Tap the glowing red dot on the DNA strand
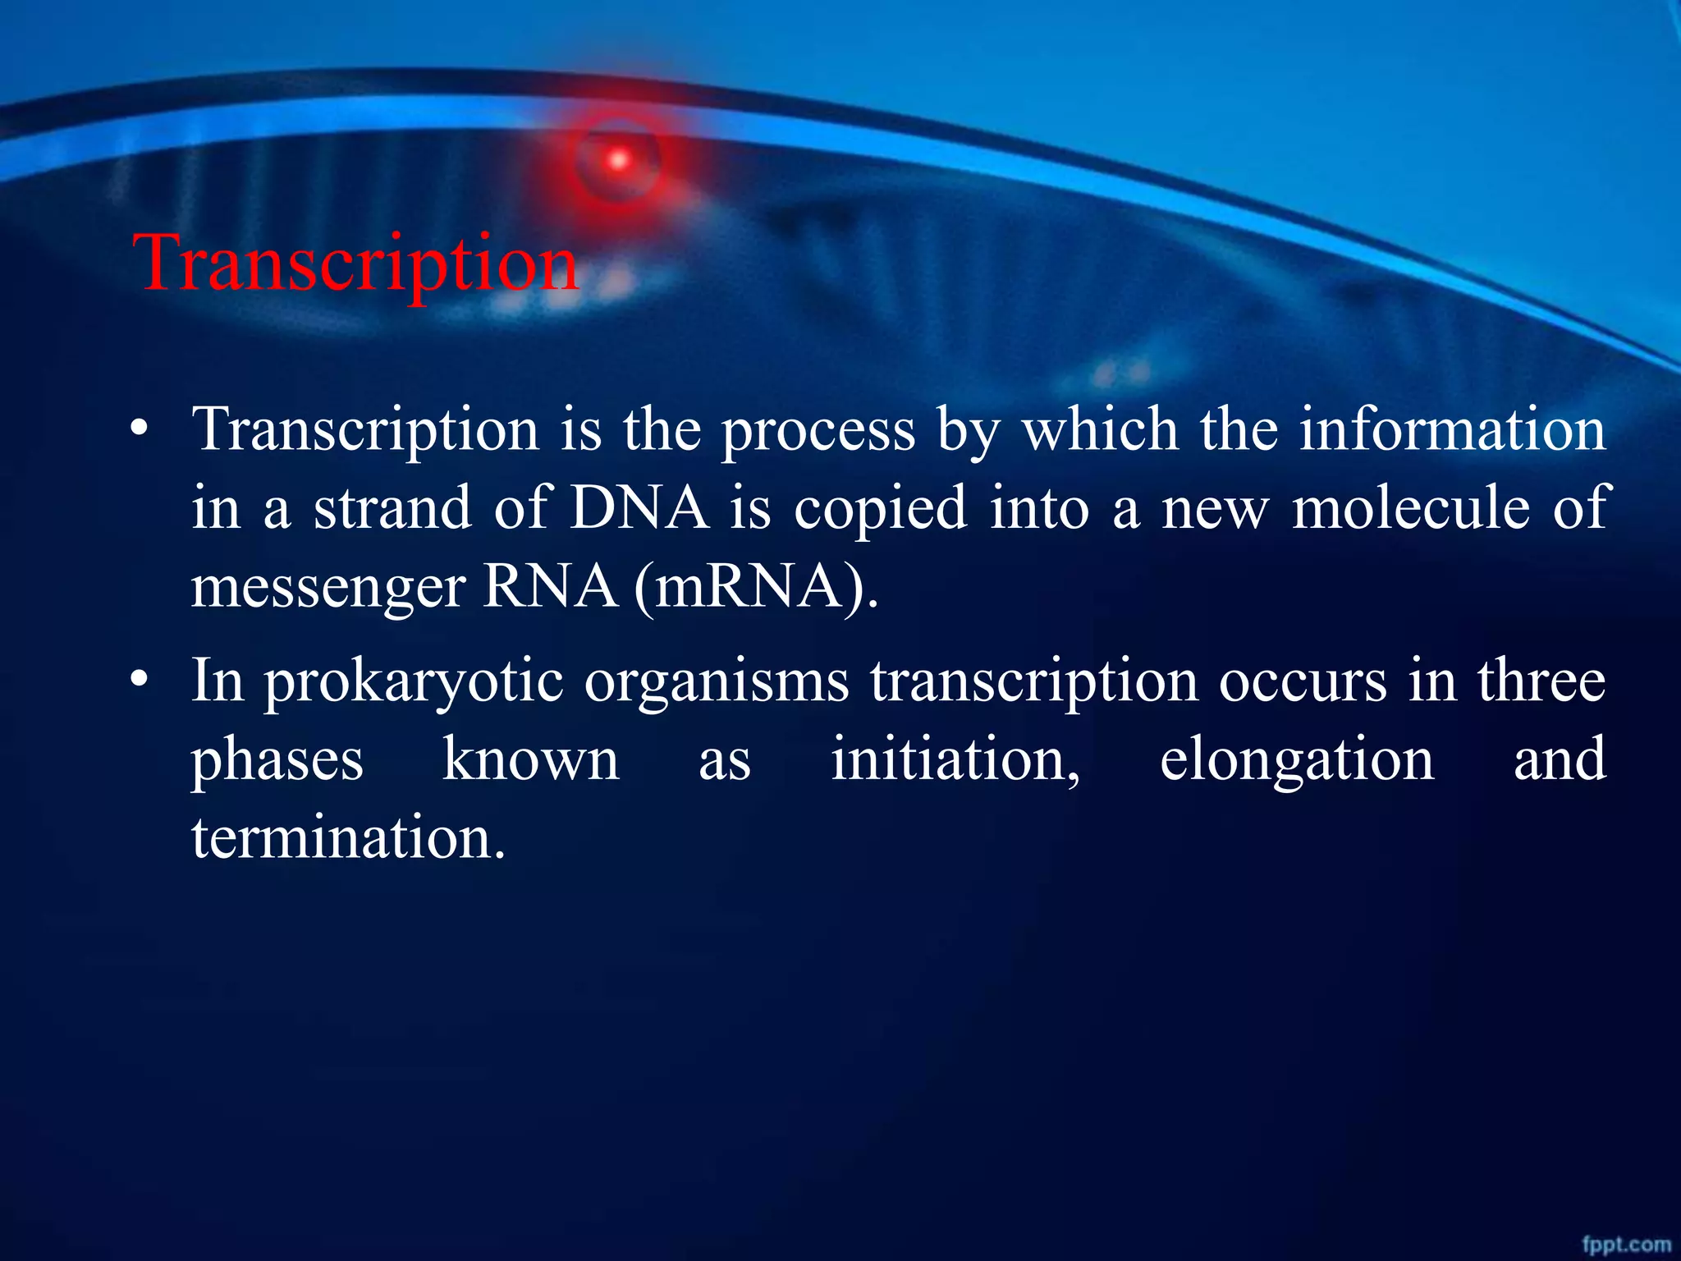coord(618,159)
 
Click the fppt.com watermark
coord(1626,1245)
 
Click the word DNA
coord(639,507)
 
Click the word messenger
coord(328,588)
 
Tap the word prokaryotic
coord(413,681)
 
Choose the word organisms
coord(716,681)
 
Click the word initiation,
coord(955,759)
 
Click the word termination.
coord(348,838)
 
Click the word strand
coord(392,507)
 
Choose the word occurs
coord(1302,681)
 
